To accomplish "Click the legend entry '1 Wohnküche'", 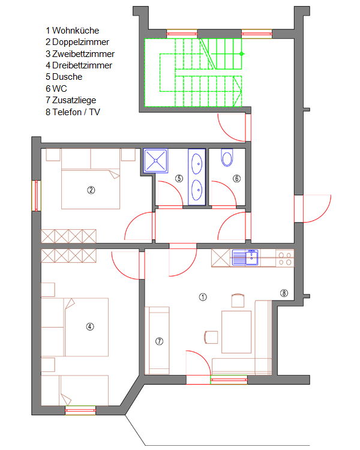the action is tap(73, 31).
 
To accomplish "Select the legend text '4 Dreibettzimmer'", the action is tap(79, 65).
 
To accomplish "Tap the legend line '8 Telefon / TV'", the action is tap(73, 112).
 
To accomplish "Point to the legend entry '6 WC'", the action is tap(56, 88).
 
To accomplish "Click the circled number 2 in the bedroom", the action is tap(91, 190).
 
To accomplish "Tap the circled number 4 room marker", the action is tap(90, 326).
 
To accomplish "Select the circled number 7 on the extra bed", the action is tap(160, 341).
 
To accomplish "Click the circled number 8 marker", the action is tap(284, 293).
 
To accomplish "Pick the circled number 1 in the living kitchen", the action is tap(203, 297).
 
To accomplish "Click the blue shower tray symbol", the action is tap(155, 161).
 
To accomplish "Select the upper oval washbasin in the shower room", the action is tap(197, 164).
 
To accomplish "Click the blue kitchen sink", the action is tap(245, 257).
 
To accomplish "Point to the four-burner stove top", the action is tap(285, 258).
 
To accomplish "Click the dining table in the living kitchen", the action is tap(236, 332).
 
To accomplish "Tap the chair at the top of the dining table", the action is tap(238, 301).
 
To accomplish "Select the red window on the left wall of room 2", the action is tap(37, 196).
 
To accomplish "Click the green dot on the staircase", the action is tap(241, 53).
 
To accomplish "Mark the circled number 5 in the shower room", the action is tap(179, 178).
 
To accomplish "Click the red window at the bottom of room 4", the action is tap(80, 410).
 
